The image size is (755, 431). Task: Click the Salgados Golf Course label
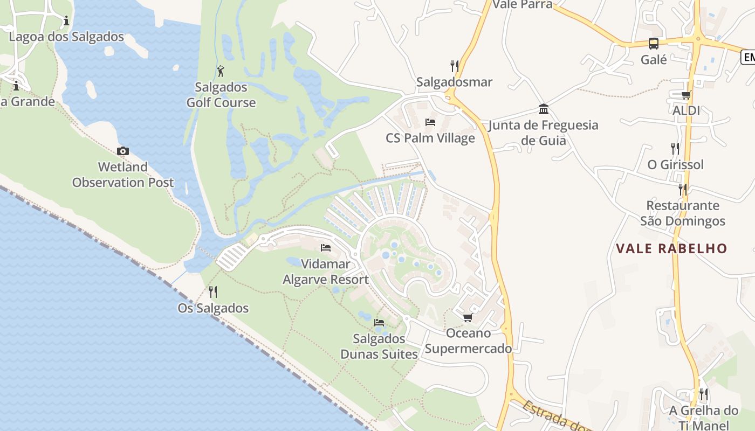point(221,95)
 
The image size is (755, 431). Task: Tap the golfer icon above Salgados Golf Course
point(221,71)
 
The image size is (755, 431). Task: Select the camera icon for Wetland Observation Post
point(123,151)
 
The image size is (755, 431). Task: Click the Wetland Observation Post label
point(123,175)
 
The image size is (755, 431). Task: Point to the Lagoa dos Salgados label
point(66,37)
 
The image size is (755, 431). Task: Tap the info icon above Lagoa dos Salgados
point(66,21)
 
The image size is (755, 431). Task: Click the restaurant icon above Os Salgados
point(213,292)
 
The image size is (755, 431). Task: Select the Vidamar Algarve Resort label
point(326,272)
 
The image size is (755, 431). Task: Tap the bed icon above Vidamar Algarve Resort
point(326,248)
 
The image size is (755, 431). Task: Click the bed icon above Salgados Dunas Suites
point(379,322)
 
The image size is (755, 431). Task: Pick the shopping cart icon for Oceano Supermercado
point(468,317)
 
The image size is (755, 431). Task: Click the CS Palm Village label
point(430,138)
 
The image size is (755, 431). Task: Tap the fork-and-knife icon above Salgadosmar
point(455,66)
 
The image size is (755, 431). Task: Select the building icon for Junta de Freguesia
point(544,109)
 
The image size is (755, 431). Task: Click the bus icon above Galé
point(654,44)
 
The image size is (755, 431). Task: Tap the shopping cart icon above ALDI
point(686,95)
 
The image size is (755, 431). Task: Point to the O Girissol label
point(675,165)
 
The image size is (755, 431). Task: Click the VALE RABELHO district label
point(672,248)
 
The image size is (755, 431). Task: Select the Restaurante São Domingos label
point(683,213)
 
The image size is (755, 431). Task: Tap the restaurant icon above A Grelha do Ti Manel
point(704,394)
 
